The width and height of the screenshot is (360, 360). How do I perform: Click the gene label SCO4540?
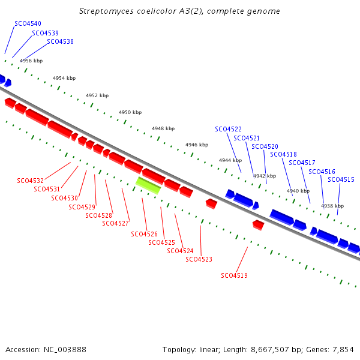(x=28, y=23)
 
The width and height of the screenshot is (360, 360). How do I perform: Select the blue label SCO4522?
(x=228, y=129)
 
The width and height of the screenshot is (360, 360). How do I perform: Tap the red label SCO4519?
(x=234, y=275)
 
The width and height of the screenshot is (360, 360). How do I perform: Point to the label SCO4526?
(x=144, y=234)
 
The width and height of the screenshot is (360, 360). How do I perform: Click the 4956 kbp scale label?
(x=31, y=61)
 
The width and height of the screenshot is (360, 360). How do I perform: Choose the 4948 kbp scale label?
(x=163, y=128)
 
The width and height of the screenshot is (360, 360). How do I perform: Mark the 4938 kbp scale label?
(x=332, y=206)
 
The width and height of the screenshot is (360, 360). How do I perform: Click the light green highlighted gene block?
(x=148, y=185)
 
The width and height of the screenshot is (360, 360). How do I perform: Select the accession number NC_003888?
(x=65, y=350)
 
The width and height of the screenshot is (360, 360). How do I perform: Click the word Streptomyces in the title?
(x=106, y=11)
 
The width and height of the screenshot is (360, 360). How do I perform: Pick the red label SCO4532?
(x=31, y=181)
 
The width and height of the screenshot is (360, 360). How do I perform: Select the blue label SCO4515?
(x=341, y=179)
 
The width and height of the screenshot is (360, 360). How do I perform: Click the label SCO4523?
(x=199, y=259)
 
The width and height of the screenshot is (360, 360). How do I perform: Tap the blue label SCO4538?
(x=60, y=41)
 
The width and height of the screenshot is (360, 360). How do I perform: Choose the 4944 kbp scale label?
(x=230, y=160)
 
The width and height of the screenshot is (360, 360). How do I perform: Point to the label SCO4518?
(x=283, y=155)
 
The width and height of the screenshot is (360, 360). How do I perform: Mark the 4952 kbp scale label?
(x=97, y=95)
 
